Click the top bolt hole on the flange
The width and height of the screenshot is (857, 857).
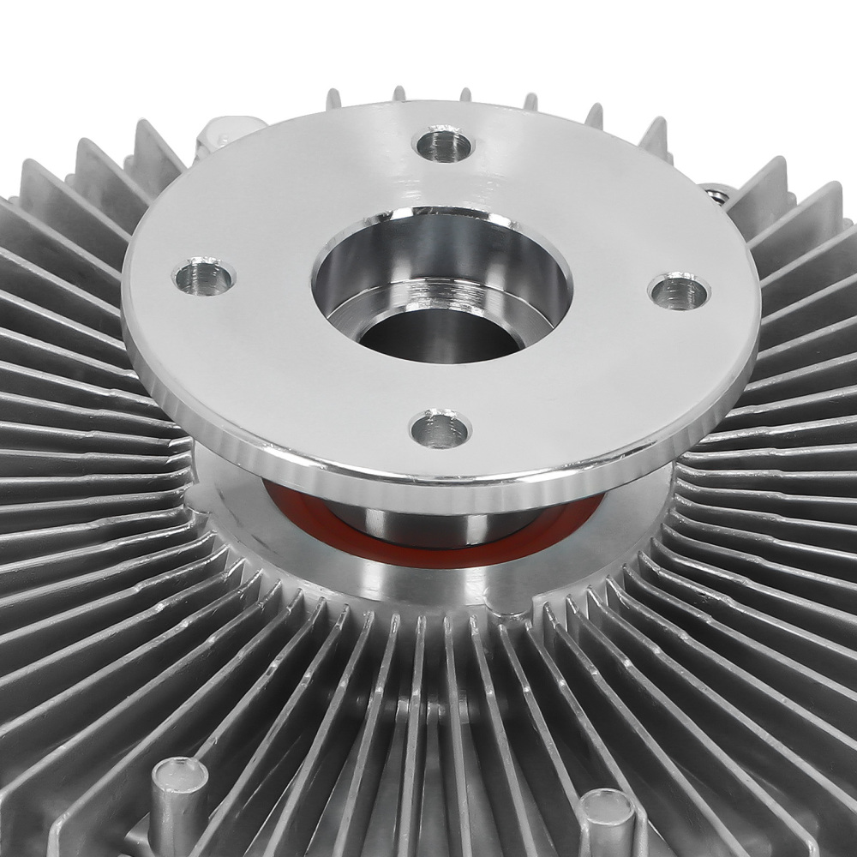tap(443, 143)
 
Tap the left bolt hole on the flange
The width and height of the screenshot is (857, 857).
tap(204, 276)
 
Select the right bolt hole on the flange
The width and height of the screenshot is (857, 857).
tap(679, 291)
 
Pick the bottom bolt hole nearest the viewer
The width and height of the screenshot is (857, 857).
tap(440, 428)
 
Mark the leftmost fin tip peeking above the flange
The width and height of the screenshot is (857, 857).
tap(333, 99)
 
